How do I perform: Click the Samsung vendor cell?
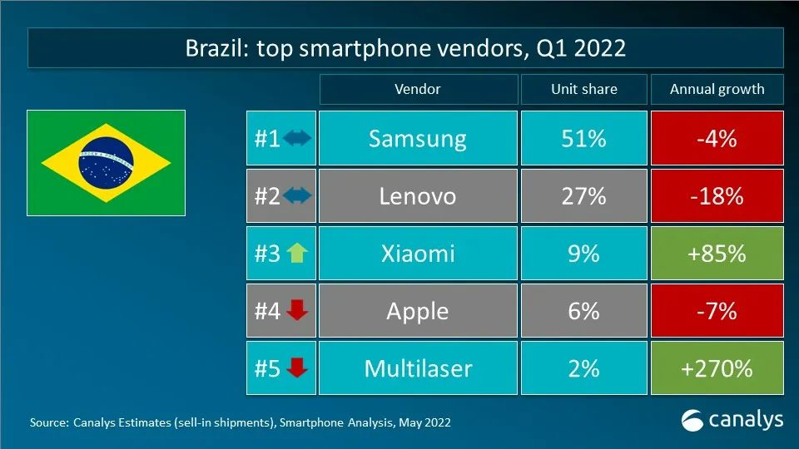click(417, 138)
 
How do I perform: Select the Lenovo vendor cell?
click(417, 195)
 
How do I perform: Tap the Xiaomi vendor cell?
click(417, 253)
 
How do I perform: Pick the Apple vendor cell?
click(417, 310)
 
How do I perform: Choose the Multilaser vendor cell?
click(417, 368)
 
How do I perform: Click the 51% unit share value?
click(583, 138)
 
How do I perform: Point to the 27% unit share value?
click(583, 195)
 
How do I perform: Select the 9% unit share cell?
click(583, 253)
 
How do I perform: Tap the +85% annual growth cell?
click(717, 253)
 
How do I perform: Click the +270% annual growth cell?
click(717, 368)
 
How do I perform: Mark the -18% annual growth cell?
click(717, 195)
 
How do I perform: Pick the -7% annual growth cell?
click(717, 310)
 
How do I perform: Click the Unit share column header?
click(583, 89)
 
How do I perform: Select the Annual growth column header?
click(717, 89)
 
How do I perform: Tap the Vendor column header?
click(417, 89)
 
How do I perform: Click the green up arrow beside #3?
click(297, 253)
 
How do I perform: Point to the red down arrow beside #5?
click(297, 368)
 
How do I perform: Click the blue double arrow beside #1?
click(297, 139)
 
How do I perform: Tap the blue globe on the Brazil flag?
click(106, 163)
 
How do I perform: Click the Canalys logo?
click(732, 420)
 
